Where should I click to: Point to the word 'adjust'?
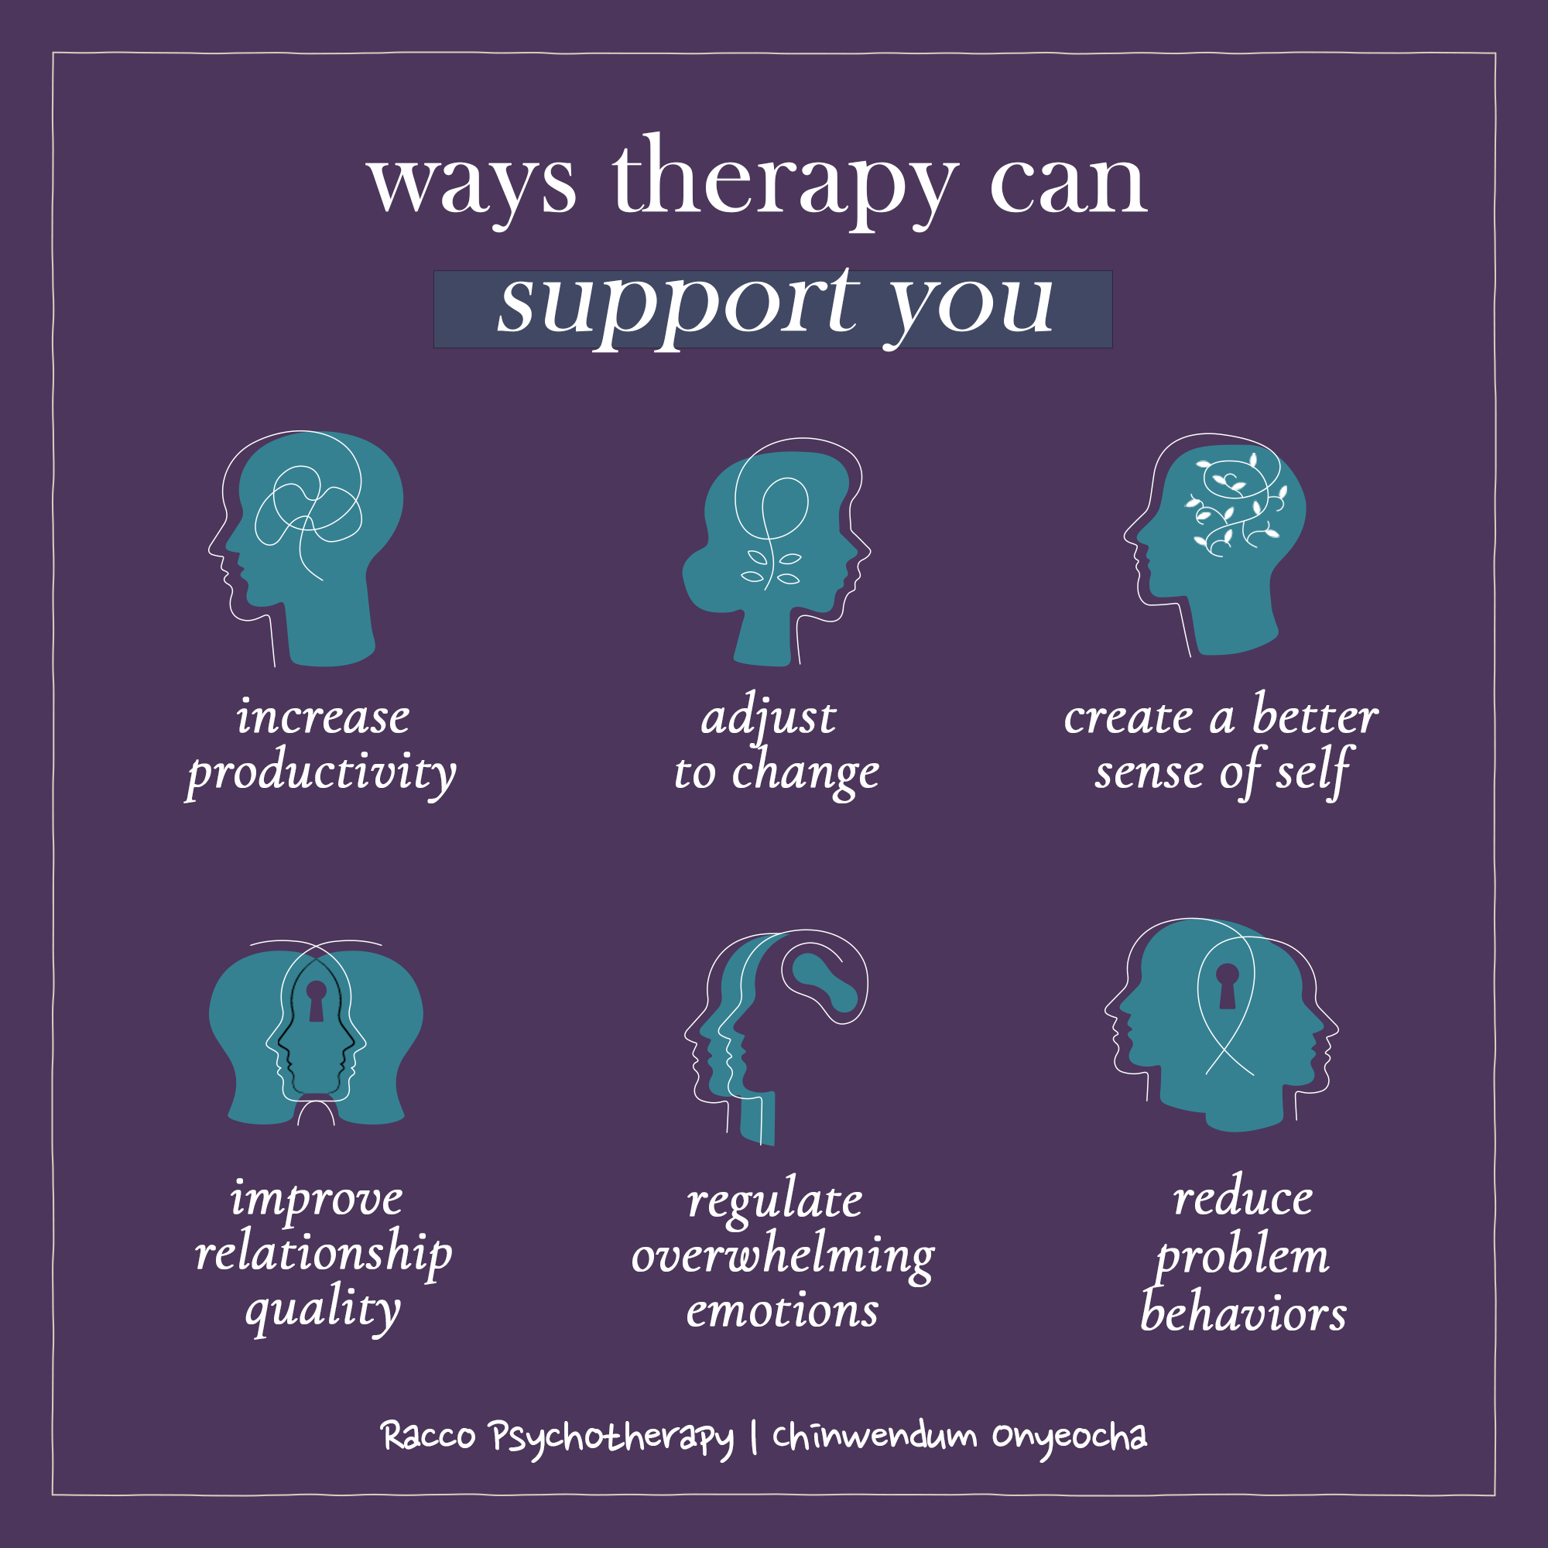coord(769,715)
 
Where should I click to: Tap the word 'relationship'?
coord(324,1253)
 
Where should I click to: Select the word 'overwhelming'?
coord(783,1255)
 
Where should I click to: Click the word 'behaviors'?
coord(1244,1312)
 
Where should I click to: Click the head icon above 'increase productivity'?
coord(305,549)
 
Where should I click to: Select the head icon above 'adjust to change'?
coord(776,552)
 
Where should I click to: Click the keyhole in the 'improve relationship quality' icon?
coord(317,1000)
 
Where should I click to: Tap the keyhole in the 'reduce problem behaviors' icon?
coord(1228,985)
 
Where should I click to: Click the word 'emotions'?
coord(782,1311)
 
